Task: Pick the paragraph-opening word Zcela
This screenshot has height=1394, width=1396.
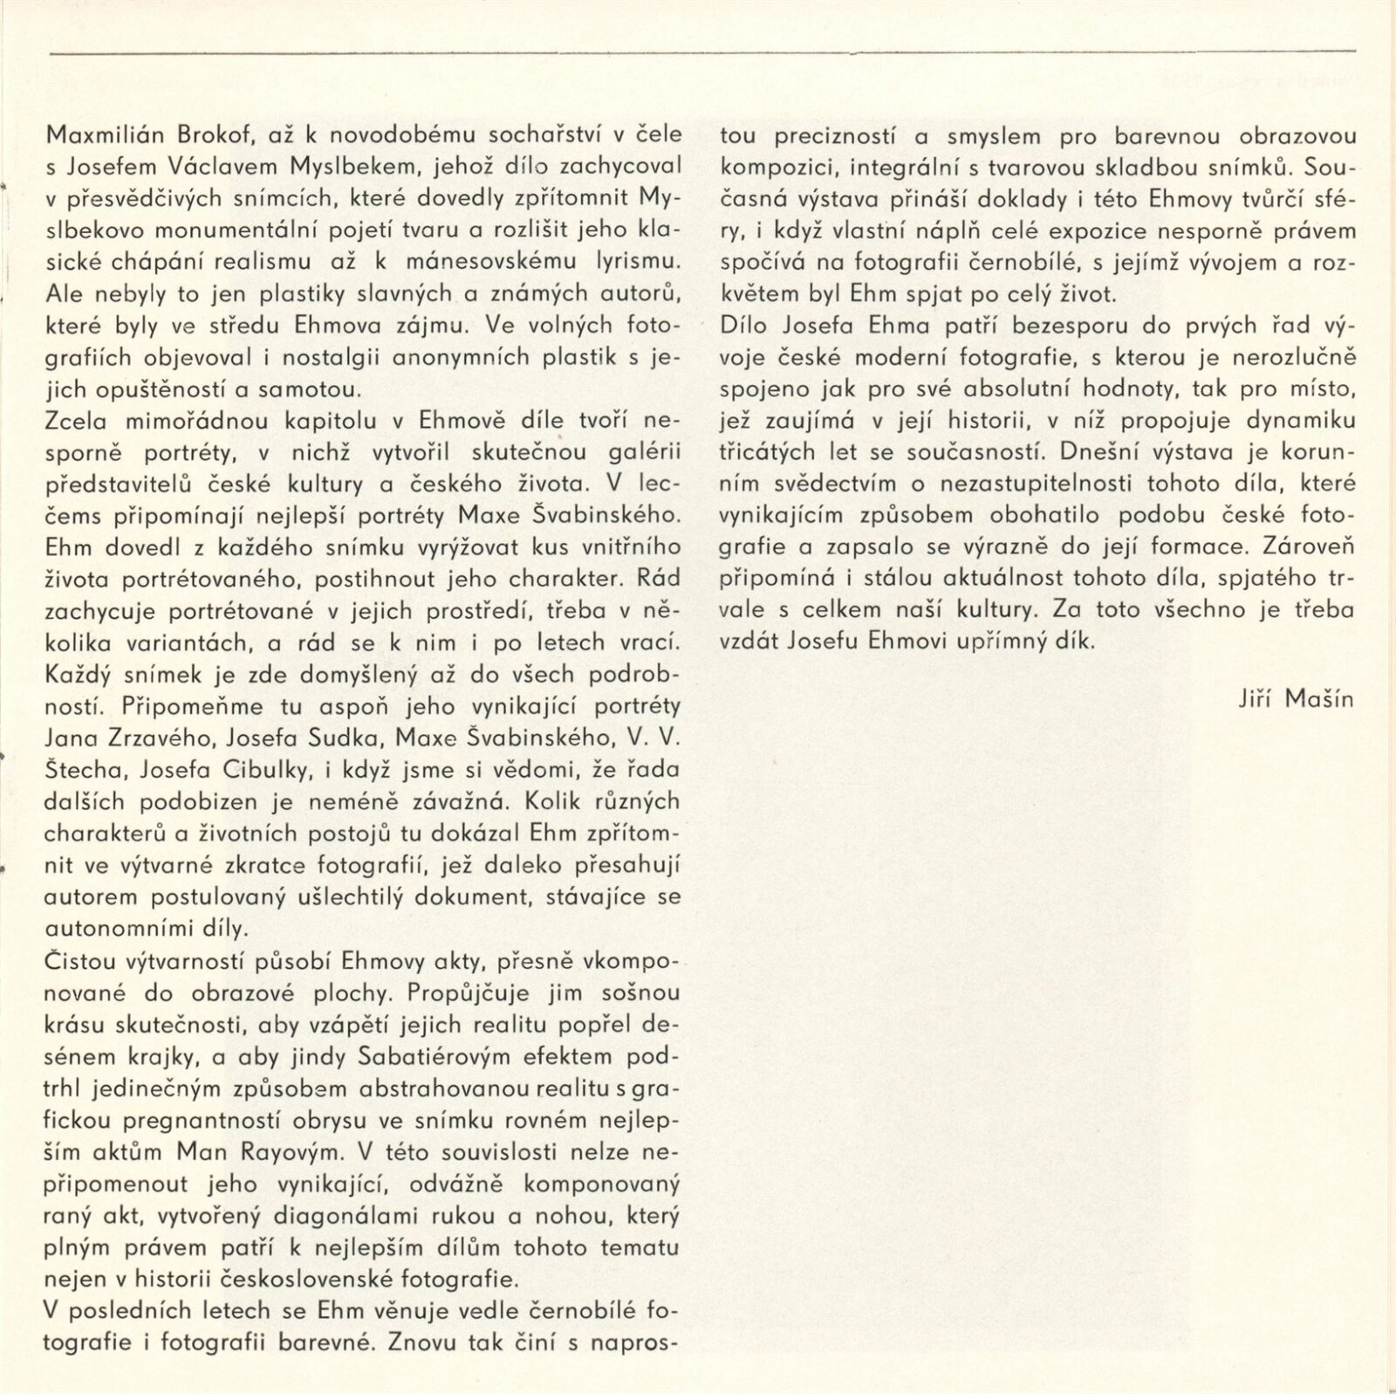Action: (75, 421)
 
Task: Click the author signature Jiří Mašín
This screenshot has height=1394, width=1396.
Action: (1296, 698)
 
